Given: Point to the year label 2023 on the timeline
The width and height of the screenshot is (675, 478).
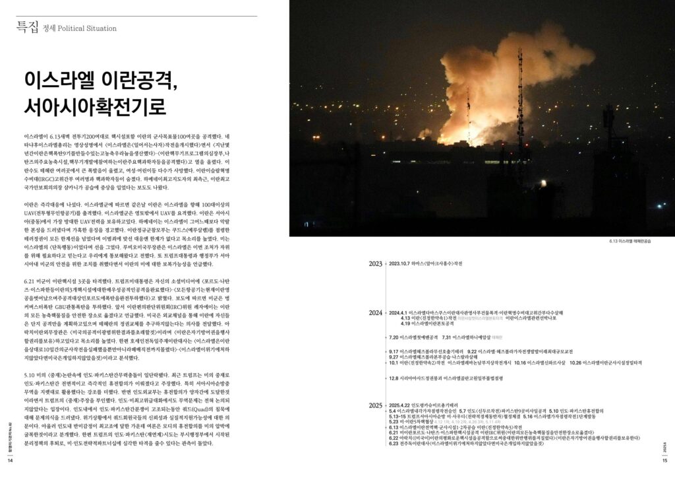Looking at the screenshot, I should (x=376, y=263).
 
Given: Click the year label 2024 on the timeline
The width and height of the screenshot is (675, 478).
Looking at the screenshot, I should (x=376, y=312).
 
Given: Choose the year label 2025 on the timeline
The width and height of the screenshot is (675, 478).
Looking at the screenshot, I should (x=376, y=405).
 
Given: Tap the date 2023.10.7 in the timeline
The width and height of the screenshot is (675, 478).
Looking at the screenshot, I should (x=402, y=263).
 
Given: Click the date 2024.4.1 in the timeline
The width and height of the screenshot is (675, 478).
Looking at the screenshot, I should (x=402, y=312).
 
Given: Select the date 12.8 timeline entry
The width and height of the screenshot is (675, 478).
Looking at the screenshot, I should (x=394, y=378).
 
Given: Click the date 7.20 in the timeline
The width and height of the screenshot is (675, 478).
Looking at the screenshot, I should (x=394, y=337).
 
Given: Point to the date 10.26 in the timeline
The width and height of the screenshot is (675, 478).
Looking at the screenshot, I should (x=576, y=362).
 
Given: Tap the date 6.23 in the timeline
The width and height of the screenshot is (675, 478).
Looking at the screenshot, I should (x=394, y=443).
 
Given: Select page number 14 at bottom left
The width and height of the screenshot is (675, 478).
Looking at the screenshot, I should (x=10, y=460).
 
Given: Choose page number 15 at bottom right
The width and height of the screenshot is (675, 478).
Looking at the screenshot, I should (x=664, y=460).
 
